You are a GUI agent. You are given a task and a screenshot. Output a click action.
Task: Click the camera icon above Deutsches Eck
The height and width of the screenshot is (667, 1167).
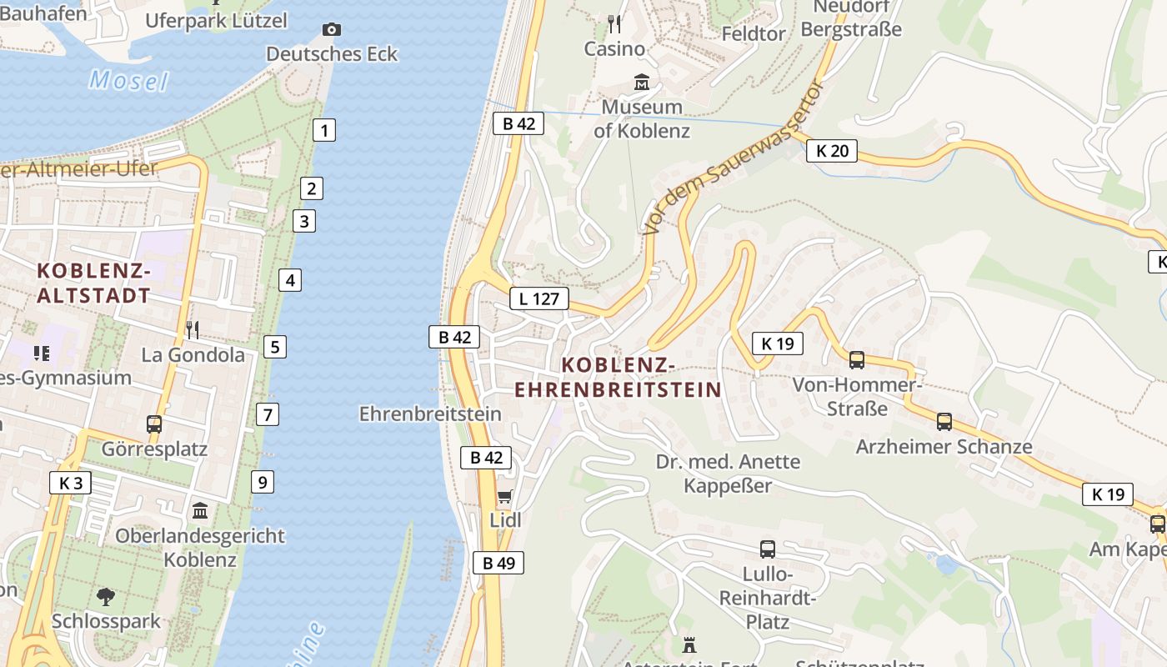331,30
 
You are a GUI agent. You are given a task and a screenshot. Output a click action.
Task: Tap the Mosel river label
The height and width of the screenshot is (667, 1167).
128,81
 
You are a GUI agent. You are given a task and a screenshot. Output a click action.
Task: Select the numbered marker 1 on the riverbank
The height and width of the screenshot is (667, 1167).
324,130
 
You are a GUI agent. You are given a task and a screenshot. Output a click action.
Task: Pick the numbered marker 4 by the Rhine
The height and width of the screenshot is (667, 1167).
290,280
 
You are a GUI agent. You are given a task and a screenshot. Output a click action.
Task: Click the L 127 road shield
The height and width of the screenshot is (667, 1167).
539,298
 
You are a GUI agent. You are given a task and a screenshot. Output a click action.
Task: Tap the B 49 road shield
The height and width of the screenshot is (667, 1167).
498,563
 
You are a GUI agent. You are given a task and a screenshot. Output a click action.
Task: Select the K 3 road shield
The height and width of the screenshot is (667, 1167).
70,483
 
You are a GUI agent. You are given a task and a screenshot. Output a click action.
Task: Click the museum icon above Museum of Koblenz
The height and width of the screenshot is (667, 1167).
642,83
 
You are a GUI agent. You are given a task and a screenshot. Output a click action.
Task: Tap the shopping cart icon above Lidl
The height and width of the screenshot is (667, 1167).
504,498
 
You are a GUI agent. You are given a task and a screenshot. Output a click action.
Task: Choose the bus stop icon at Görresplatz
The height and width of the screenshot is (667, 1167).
154,424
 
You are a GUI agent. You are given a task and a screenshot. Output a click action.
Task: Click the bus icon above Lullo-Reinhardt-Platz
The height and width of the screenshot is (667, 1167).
767,549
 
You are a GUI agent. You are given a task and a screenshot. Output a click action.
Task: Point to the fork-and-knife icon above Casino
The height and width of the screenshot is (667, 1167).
614,23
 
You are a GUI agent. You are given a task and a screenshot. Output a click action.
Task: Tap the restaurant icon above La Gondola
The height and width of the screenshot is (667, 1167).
193,330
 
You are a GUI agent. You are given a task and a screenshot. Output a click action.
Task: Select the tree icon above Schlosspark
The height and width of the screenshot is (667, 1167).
105,597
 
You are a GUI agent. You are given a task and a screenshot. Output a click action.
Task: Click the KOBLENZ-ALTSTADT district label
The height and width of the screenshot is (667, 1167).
94,283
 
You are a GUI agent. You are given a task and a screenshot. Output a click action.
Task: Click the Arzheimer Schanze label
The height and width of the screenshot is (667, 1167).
944,447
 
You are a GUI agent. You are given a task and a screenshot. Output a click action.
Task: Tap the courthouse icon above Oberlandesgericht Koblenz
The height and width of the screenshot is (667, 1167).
200,511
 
